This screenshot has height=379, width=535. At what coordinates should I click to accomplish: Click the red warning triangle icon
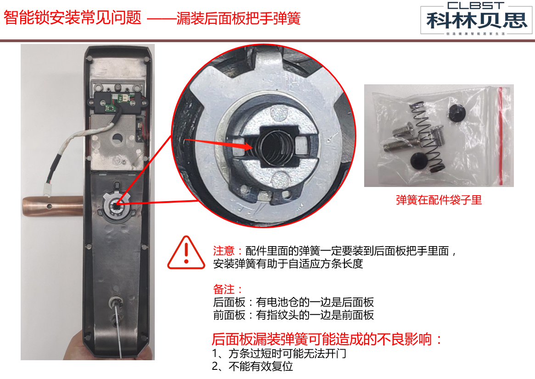pyautogui.click(x=186, y=253)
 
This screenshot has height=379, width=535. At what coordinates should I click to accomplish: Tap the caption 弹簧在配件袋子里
pyautogui.click(x=439, y=200)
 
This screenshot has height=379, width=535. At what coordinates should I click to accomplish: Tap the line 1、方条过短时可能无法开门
pyautogui.click(x=279, y=354)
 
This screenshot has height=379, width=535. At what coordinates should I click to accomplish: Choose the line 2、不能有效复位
pyautogui.click(x=253, y=367)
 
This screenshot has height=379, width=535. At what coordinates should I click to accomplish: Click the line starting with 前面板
pyautogui.click(x=293, y=315)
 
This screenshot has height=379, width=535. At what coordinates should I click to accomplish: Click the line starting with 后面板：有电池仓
pyautogui.click(x=293, y=302)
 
